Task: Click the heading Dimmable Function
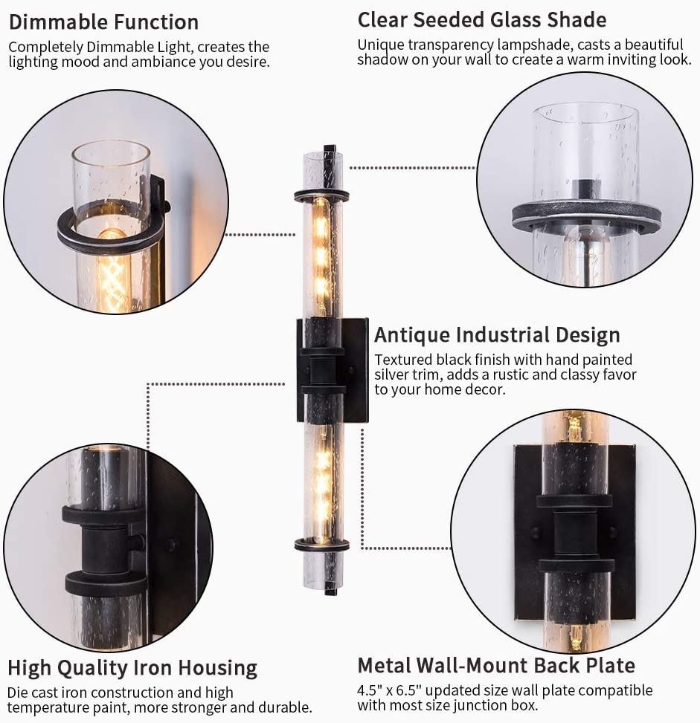(103, 22)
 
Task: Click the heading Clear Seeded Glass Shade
(481, 20)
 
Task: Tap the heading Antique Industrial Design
(497, 335)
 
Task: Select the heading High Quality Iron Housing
(132, 668)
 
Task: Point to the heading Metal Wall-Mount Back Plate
(496, 665)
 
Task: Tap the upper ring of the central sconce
(322, 195)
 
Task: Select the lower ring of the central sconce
(322, 545)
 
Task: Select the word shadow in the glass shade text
(382, 59)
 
